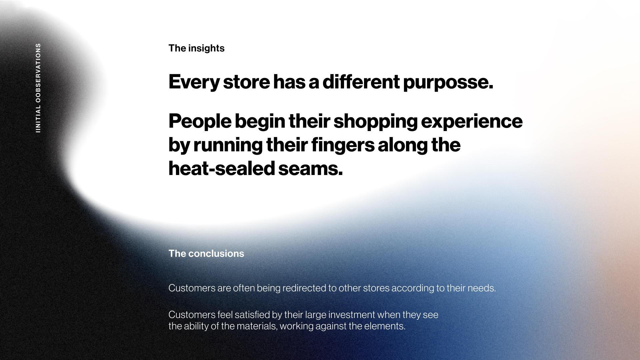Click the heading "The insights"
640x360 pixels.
pyautogui.click(x=196, y=48)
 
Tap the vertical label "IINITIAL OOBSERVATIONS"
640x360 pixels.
pyautogui.click(x=38, y=88)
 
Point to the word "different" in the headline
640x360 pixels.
pyautogui.click(x=361, y=82)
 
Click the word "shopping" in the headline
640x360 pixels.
pyautogui.click(x=375, y=122)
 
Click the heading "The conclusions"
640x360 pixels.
pyautogui.click(x=206, y=254)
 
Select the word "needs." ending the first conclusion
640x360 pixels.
pyautogui.click(x=482, y=288)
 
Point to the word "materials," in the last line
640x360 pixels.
pyautogui.click(x=257, y=326)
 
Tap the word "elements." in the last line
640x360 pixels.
pyautogui.click(x=385, y=326)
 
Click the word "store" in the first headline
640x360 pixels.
pyautogui.click(x=246, y=82)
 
